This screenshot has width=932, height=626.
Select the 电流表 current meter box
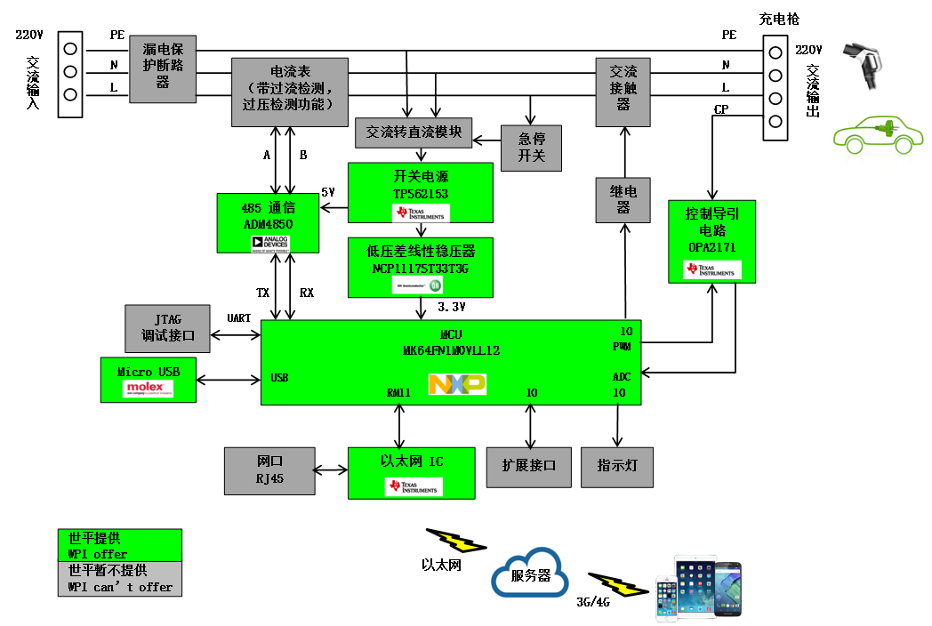[288, 85]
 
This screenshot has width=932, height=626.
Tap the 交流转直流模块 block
[414, 132]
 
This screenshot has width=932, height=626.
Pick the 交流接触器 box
[623, 86]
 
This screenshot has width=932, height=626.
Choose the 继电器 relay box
[623, 199]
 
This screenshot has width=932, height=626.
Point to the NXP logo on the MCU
[457, 384]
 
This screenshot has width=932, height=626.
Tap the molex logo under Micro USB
[149, 389]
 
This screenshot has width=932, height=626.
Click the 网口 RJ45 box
[269, 471]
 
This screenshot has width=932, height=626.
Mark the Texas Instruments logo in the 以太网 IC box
[413, 486]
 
